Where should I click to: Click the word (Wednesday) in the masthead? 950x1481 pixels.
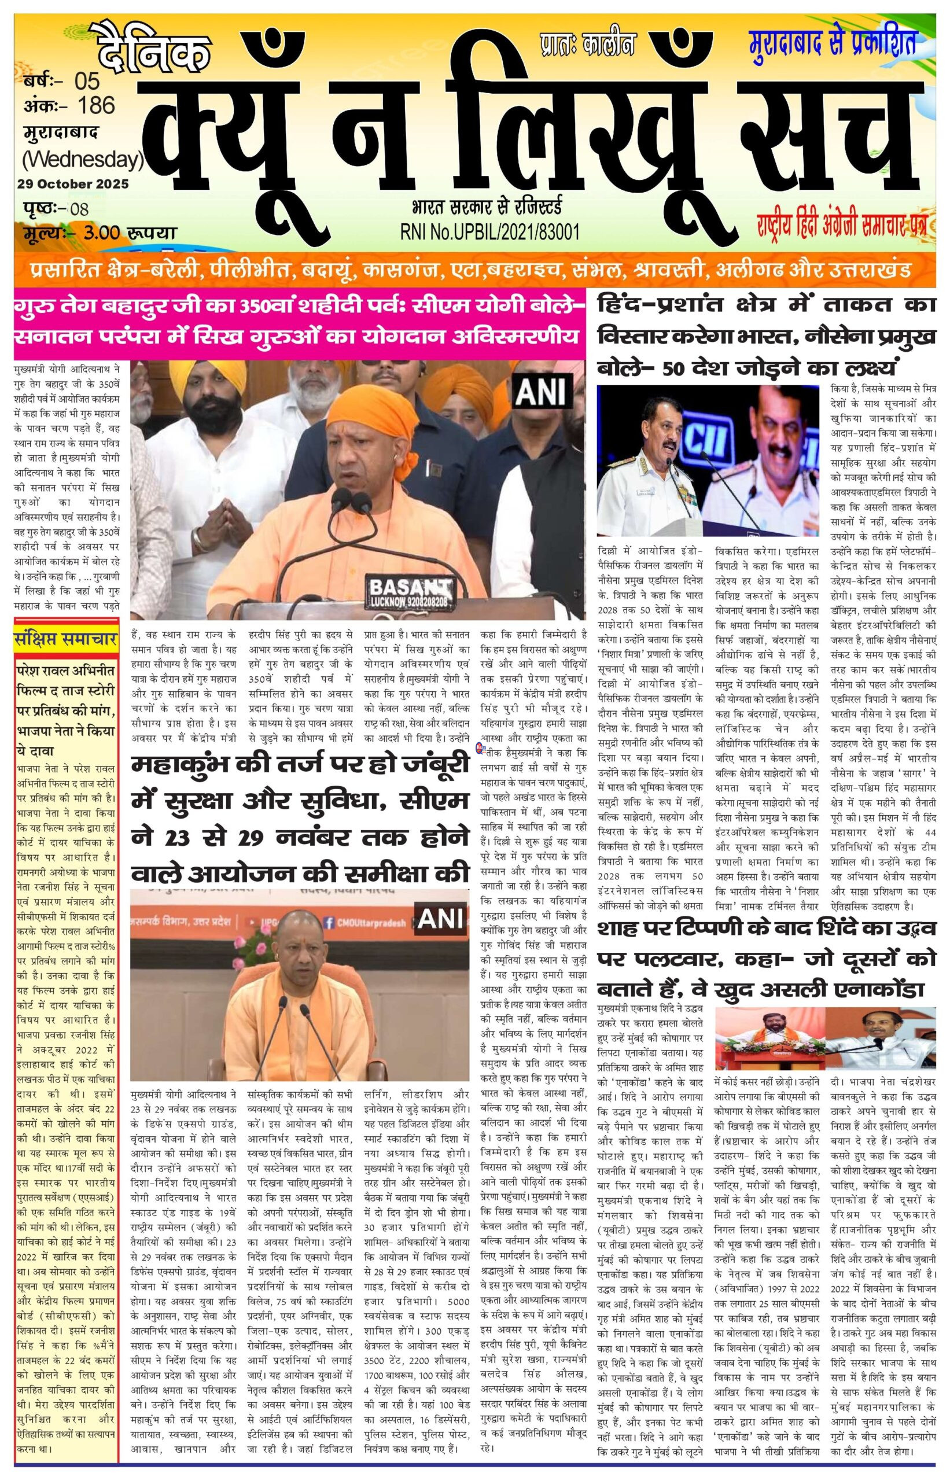click(83, 160)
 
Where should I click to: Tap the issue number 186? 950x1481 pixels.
click(96, 105)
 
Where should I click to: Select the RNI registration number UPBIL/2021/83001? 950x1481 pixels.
click(491, 232)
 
